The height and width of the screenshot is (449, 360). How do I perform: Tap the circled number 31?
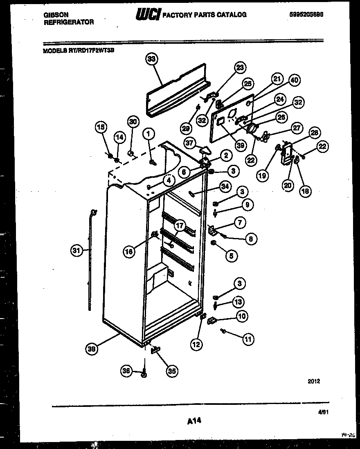[76, 251]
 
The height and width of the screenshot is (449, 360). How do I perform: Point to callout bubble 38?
[92, 348]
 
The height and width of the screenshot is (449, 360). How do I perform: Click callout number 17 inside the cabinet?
[179, 225]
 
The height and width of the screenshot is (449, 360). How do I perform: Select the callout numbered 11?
[248, 339]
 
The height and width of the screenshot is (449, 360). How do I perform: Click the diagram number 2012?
[314, 381]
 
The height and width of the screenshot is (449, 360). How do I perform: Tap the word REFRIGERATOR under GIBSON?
[68, 22]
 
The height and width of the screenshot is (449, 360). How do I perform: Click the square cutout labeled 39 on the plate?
[220, 120]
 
